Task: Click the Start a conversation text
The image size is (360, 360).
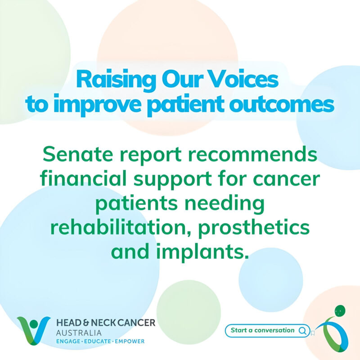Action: [x=262, y=330]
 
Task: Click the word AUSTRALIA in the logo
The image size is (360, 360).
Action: [x=79, y=333]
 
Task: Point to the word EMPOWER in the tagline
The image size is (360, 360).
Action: [x=130, y=342]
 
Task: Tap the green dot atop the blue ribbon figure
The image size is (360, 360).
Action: [x=339, y=311]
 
